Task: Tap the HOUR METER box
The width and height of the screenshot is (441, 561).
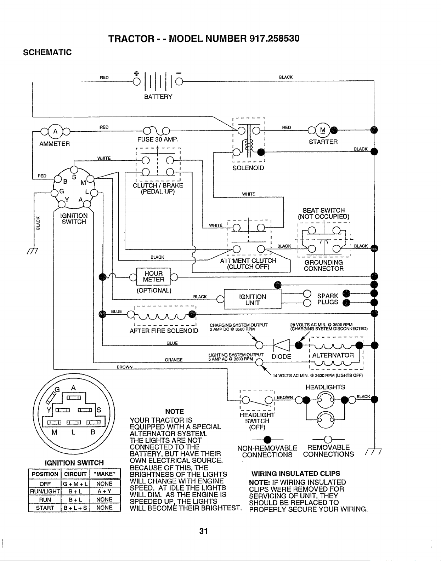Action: (x=153, y=276)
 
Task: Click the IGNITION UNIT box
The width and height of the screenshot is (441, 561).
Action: (x=253, y=299)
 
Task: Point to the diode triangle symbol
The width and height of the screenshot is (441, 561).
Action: (x=282, y=345)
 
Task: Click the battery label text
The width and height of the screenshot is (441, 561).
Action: (x=158, y=97)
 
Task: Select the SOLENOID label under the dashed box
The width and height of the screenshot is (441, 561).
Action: (x=248, y=168)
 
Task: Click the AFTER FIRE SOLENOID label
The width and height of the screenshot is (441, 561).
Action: (x=164, y=331)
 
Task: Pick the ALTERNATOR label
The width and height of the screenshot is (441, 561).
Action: (x=333, y=355)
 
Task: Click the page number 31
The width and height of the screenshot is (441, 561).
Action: (x=204, y=531)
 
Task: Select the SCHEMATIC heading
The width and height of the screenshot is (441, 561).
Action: (x=47, y=52)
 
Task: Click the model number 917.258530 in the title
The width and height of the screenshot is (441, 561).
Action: (x=275, y=39)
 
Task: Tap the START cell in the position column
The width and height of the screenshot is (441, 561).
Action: (x=45, y=508)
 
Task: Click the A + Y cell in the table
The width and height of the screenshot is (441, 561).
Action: (x=104, y=491)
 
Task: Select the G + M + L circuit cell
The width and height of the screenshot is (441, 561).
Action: (x=75, y=483)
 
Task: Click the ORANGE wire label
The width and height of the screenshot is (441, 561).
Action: (x=174, y=360)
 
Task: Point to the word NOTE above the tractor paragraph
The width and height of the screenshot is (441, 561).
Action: (x=175, y=412)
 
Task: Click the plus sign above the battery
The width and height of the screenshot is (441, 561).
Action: (x=136, y=73)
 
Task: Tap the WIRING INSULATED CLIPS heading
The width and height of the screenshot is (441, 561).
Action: (x=296, y=474)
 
